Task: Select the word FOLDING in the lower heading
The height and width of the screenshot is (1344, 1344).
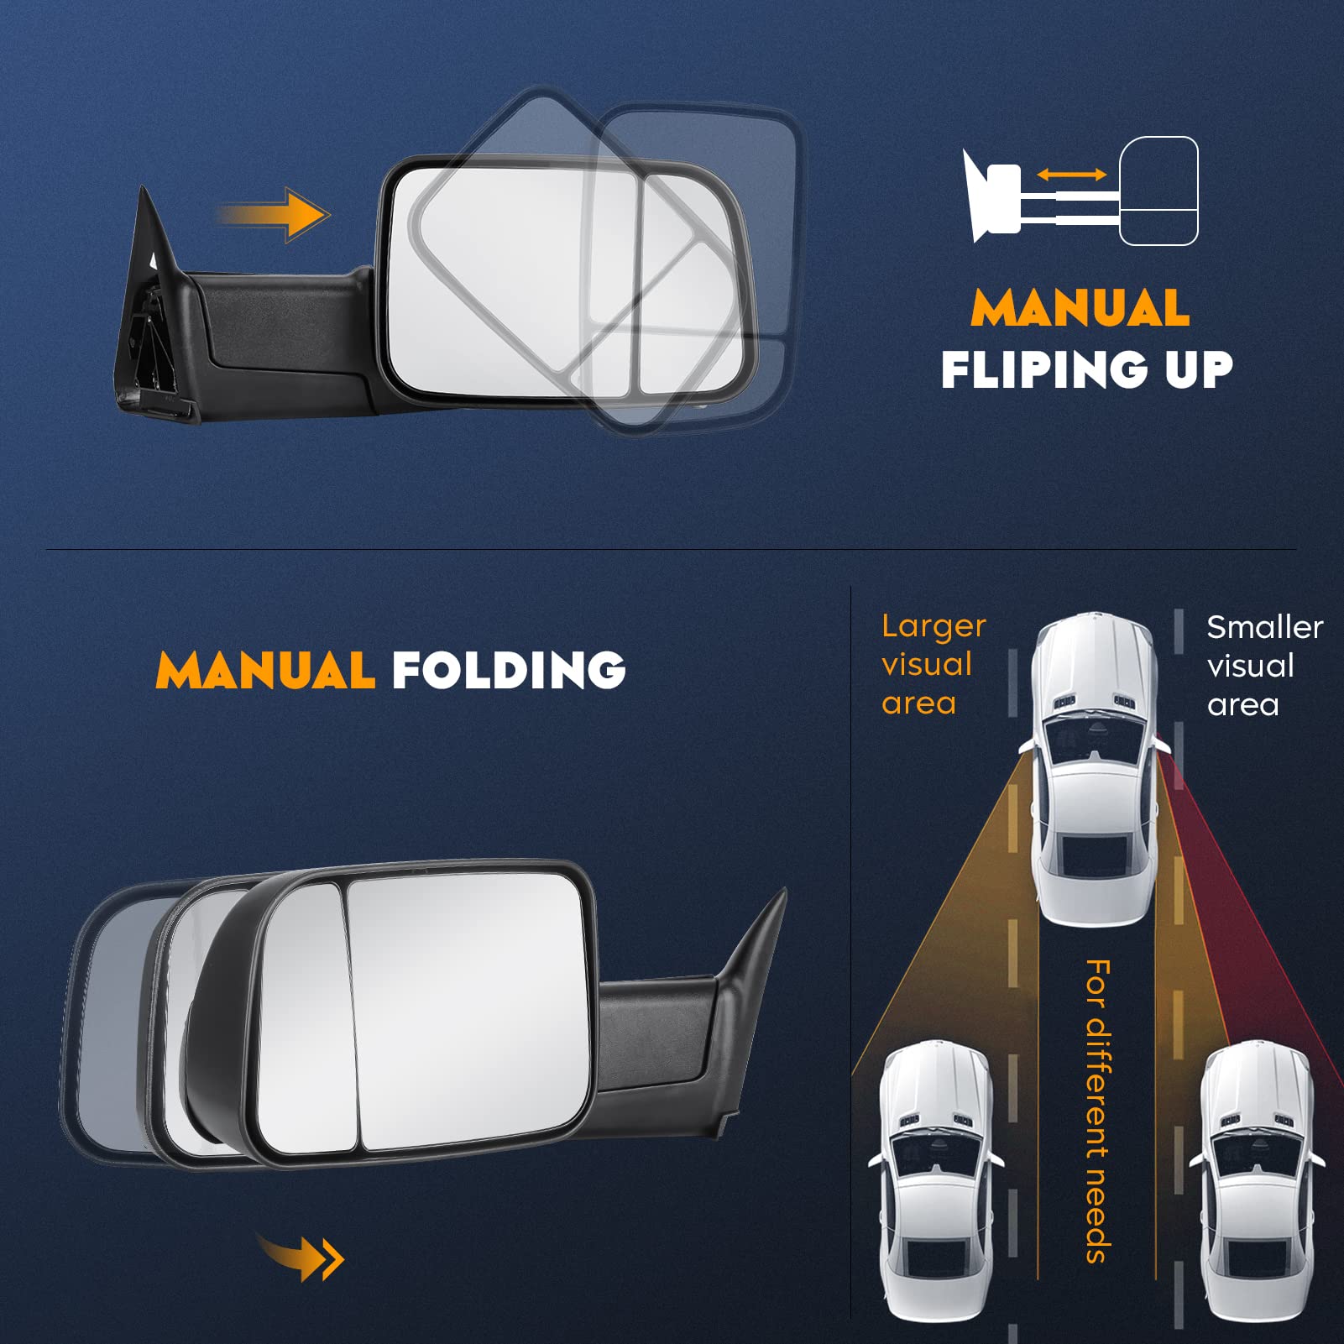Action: (x=509, y=670)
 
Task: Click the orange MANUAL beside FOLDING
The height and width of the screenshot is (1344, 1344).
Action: (x=265, y=670)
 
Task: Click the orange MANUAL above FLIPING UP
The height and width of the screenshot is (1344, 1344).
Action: (x=1080, y=308)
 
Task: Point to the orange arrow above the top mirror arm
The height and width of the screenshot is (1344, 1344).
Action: (x=277, y=215)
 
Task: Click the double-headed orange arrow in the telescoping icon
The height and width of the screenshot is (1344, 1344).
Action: (x=1071, y=175)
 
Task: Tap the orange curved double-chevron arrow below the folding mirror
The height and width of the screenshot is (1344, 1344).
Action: (x=302, y=1258)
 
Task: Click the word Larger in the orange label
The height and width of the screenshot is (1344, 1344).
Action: (x=933, y=626)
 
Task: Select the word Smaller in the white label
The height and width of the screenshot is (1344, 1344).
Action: (x=1264, y=627)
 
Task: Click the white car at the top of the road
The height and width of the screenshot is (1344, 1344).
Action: (x=1091, y=768)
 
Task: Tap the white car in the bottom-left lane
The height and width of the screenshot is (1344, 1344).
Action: (x=935, y=1184)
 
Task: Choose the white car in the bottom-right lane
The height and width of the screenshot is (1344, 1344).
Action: (x=1256, y=1184)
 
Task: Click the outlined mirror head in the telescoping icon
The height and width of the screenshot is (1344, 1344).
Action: (x=1158, y=191)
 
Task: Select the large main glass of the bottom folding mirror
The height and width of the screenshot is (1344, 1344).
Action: (x=470, y=1007)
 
